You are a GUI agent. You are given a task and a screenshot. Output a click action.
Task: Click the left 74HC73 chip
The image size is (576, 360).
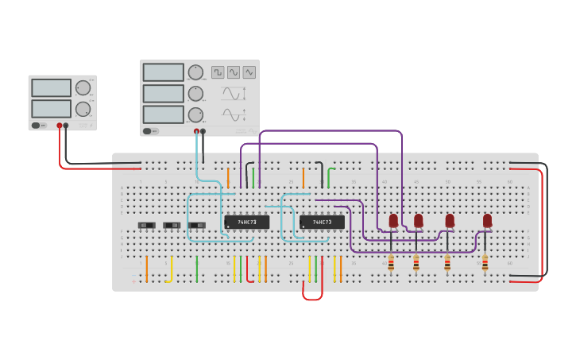(x=246, y=223)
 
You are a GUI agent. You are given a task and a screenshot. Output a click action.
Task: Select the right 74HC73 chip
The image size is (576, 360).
(x=322, y=223)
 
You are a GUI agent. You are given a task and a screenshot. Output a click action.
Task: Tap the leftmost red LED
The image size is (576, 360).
(x=393, y=220)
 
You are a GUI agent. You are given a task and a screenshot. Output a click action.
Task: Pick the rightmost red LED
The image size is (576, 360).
(x=487, y=220)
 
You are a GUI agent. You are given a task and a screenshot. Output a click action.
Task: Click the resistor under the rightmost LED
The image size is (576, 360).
(x=485, y=263)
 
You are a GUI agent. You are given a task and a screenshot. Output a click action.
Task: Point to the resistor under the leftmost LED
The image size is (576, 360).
(x=391, y=263)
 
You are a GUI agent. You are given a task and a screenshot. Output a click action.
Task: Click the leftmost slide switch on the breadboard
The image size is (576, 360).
(x=147, y=225)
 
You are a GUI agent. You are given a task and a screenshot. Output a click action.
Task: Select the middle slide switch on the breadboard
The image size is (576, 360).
(x=172, y=225)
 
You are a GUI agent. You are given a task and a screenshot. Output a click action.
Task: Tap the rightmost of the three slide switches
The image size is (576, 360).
(x=197, y=225)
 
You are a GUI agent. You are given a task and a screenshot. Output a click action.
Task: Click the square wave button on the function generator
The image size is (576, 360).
(x=218, y=72)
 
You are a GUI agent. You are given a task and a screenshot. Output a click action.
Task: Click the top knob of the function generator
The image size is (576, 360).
(x=195, y=72)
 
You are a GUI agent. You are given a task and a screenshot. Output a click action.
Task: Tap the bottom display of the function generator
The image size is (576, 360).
(x=164, y=114)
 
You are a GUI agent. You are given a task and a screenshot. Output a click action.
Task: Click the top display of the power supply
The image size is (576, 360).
(x=51, y=87)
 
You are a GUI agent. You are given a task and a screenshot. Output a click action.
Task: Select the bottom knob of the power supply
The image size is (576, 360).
(x=83, y=108)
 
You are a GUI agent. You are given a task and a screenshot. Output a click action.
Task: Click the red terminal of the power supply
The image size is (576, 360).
(x=60, y=126)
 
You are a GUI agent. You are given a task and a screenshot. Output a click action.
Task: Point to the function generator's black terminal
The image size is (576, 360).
(x=203, y=131)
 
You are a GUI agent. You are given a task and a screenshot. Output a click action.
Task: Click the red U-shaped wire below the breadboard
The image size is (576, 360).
(x=312, y=298)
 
